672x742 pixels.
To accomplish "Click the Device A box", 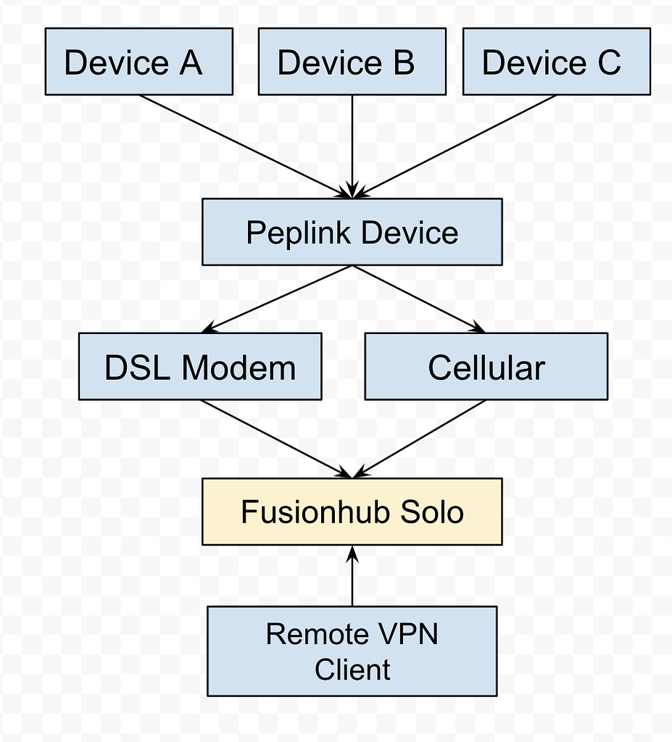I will pos(138,62).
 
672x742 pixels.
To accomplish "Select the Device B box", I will pos(352,62).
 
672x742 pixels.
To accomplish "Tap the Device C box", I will pos(556,62).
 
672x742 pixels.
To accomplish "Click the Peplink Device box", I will pos(352,232).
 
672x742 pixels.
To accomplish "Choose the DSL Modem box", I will pos(199,367).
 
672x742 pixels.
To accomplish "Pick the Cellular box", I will pos(486,367).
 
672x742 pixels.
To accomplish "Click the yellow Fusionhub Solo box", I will pos(352,512).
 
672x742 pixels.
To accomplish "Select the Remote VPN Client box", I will pos(352,651).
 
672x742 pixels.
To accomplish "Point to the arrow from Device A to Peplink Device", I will pos(243,145).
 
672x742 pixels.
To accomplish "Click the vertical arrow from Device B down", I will pos(352,145).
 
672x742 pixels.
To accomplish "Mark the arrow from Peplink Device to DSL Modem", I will pos(279,299).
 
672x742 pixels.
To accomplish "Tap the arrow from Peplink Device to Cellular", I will pos(419,299).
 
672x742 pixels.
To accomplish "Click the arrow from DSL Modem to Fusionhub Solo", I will pos(275,438).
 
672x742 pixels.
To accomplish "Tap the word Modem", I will pos(238,367).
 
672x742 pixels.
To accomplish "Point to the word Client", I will pos(352,669).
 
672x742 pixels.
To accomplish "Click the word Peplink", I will pos(299,233).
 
